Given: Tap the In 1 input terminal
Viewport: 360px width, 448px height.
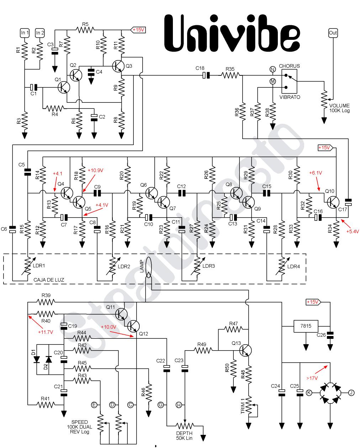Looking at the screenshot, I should point(25,33).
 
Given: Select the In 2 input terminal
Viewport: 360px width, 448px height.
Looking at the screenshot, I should point(40,33).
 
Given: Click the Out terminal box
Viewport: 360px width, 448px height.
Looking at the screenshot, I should point(333,33).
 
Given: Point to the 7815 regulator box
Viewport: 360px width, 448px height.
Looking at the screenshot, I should point(305,326).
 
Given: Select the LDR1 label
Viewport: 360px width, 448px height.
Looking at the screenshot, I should point(39,266).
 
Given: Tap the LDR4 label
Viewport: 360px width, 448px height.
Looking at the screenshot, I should point(293,266).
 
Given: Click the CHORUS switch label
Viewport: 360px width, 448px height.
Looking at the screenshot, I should point(289,66).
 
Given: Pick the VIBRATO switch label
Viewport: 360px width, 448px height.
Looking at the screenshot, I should point(290,97).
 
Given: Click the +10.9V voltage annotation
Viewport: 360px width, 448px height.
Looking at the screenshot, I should point(95,170).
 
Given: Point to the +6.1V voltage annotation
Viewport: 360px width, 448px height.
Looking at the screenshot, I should point(315,173).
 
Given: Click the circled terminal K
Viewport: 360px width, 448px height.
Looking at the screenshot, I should point(309,393).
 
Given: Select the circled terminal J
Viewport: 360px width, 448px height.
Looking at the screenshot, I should point(351,393).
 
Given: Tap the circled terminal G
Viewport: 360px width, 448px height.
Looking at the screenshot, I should point(161,405).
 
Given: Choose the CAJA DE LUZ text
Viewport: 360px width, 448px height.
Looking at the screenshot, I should point(49,280).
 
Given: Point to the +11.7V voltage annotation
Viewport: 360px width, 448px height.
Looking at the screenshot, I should point(45,332).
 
